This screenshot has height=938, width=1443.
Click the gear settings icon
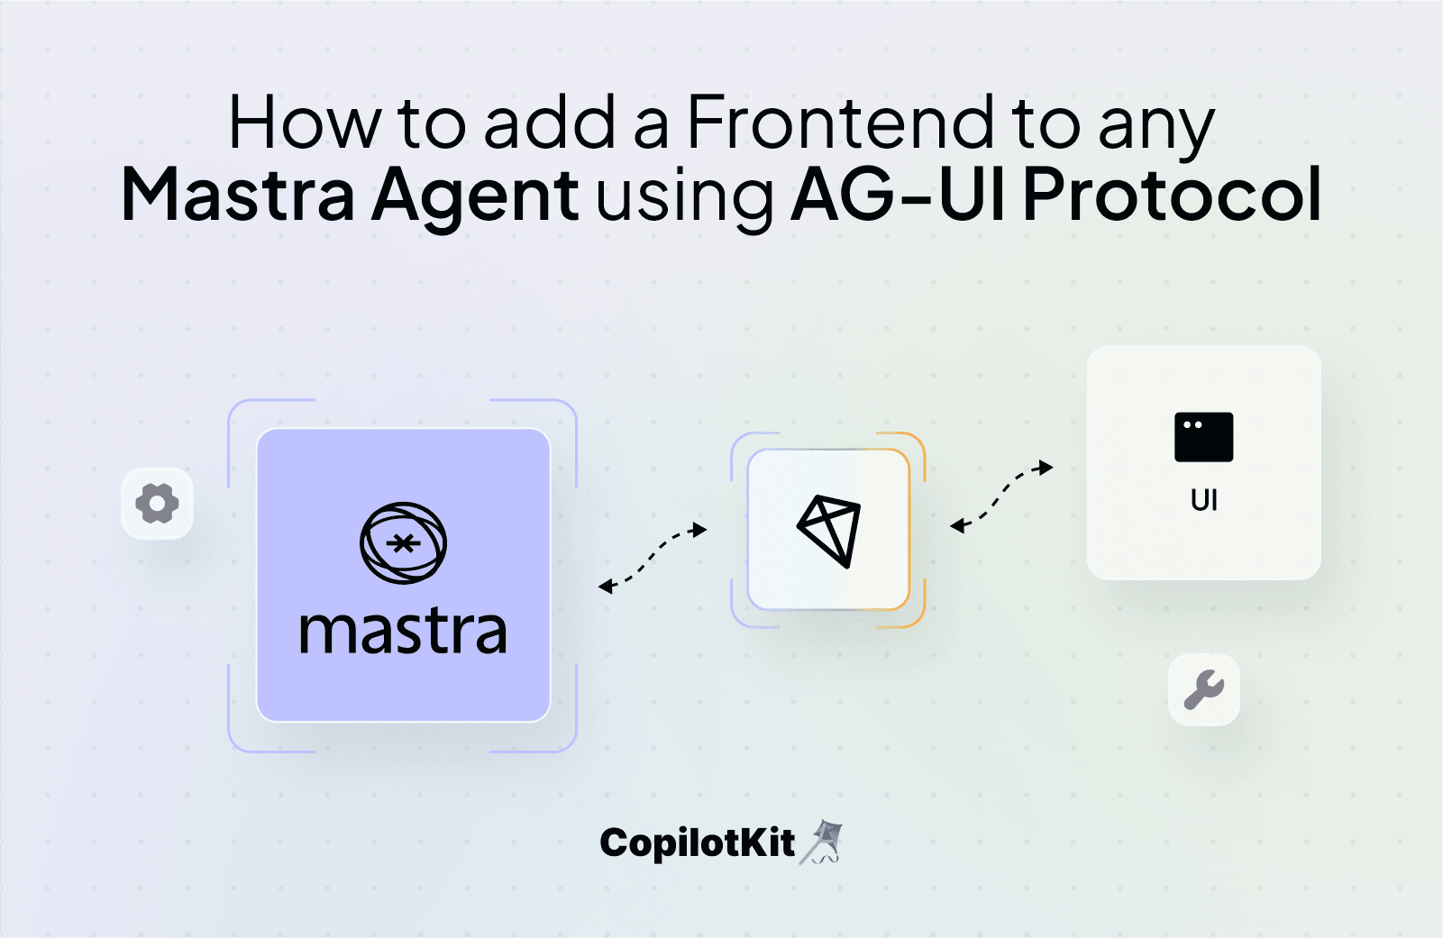click(157, 503)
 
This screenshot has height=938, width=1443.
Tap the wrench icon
click(1203, 689)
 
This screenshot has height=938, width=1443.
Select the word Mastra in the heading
click(238, 196)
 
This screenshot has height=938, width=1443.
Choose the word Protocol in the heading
click(1173, 196)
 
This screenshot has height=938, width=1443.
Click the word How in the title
click(305, 123)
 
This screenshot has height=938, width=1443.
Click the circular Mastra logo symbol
click(403, 542)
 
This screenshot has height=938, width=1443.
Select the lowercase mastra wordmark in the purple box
click(403, 632)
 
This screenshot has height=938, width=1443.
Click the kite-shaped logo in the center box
click(829, 531)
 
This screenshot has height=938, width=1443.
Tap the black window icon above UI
click(1203, 437)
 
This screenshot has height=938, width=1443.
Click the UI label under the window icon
click(1203, 500)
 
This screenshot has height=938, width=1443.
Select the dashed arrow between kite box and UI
click(1001, 496)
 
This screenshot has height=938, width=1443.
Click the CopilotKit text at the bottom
click(697, 843)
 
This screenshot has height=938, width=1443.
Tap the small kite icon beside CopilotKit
click(822, 842)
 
